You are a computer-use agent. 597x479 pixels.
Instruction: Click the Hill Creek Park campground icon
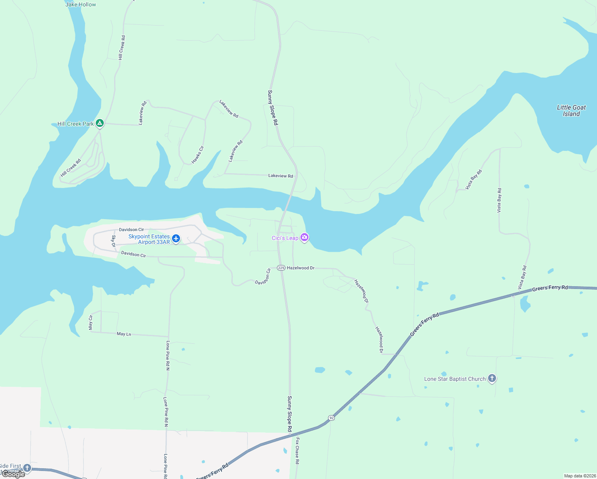click(x=100, y=123)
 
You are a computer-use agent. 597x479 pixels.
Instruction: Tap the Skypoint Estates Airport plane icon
click(x=176, y=239)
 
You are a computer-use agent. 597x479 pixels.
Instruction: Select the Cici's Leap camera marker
click(x=304, y=238)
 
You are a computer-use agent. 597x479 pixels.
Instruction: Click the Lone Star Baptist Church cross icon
click(x=492, y=378)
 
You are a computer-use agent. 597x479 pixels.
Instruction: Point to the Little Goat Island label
click(x=571, y=111)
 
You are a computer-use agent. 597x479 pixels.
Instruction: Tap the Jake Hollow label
click(x=81, y=4)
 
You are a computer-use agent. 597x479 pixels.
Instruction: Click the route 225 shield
click(x=281, y=268)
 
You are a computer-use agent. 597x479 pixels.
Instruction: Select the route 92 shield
click(x=331, y=418)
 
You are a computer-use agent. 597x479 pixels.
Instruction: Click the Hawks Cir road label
click(x=198, y=154)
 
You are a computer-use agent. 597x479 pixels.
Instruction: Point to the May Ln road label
click(x=124, y=334)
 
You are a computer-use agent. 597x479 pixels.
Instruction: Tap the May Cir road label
click(x=91, y=323)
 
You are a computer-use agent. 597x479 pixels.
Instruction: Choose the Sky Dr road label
click(x=113, y=241)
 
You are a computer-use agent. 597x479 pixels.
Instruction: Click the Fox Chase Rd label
click(x=297, y=451)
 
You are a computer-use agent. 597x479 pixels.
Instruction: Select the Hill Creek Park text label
click(x=75, y=124)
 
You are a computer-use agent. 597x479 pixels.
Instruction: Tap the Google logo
click(x=14, y=474)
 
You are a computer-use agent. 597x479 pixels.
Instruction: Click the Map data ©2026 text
click(x=579, y=476)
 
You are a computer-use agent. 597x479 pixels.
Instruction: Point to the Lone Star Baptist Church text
click(x=455, y=379)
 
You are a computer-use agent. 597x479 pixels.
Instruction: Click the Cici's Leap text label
click(x=285, y=238)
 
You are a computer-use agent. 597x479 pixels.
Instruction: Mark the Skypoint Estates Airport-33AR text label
click(x=150, y=239)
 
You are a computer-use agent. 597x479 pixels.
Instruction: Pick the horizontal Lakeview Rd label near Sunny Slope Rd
click(x=281, y=176)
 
